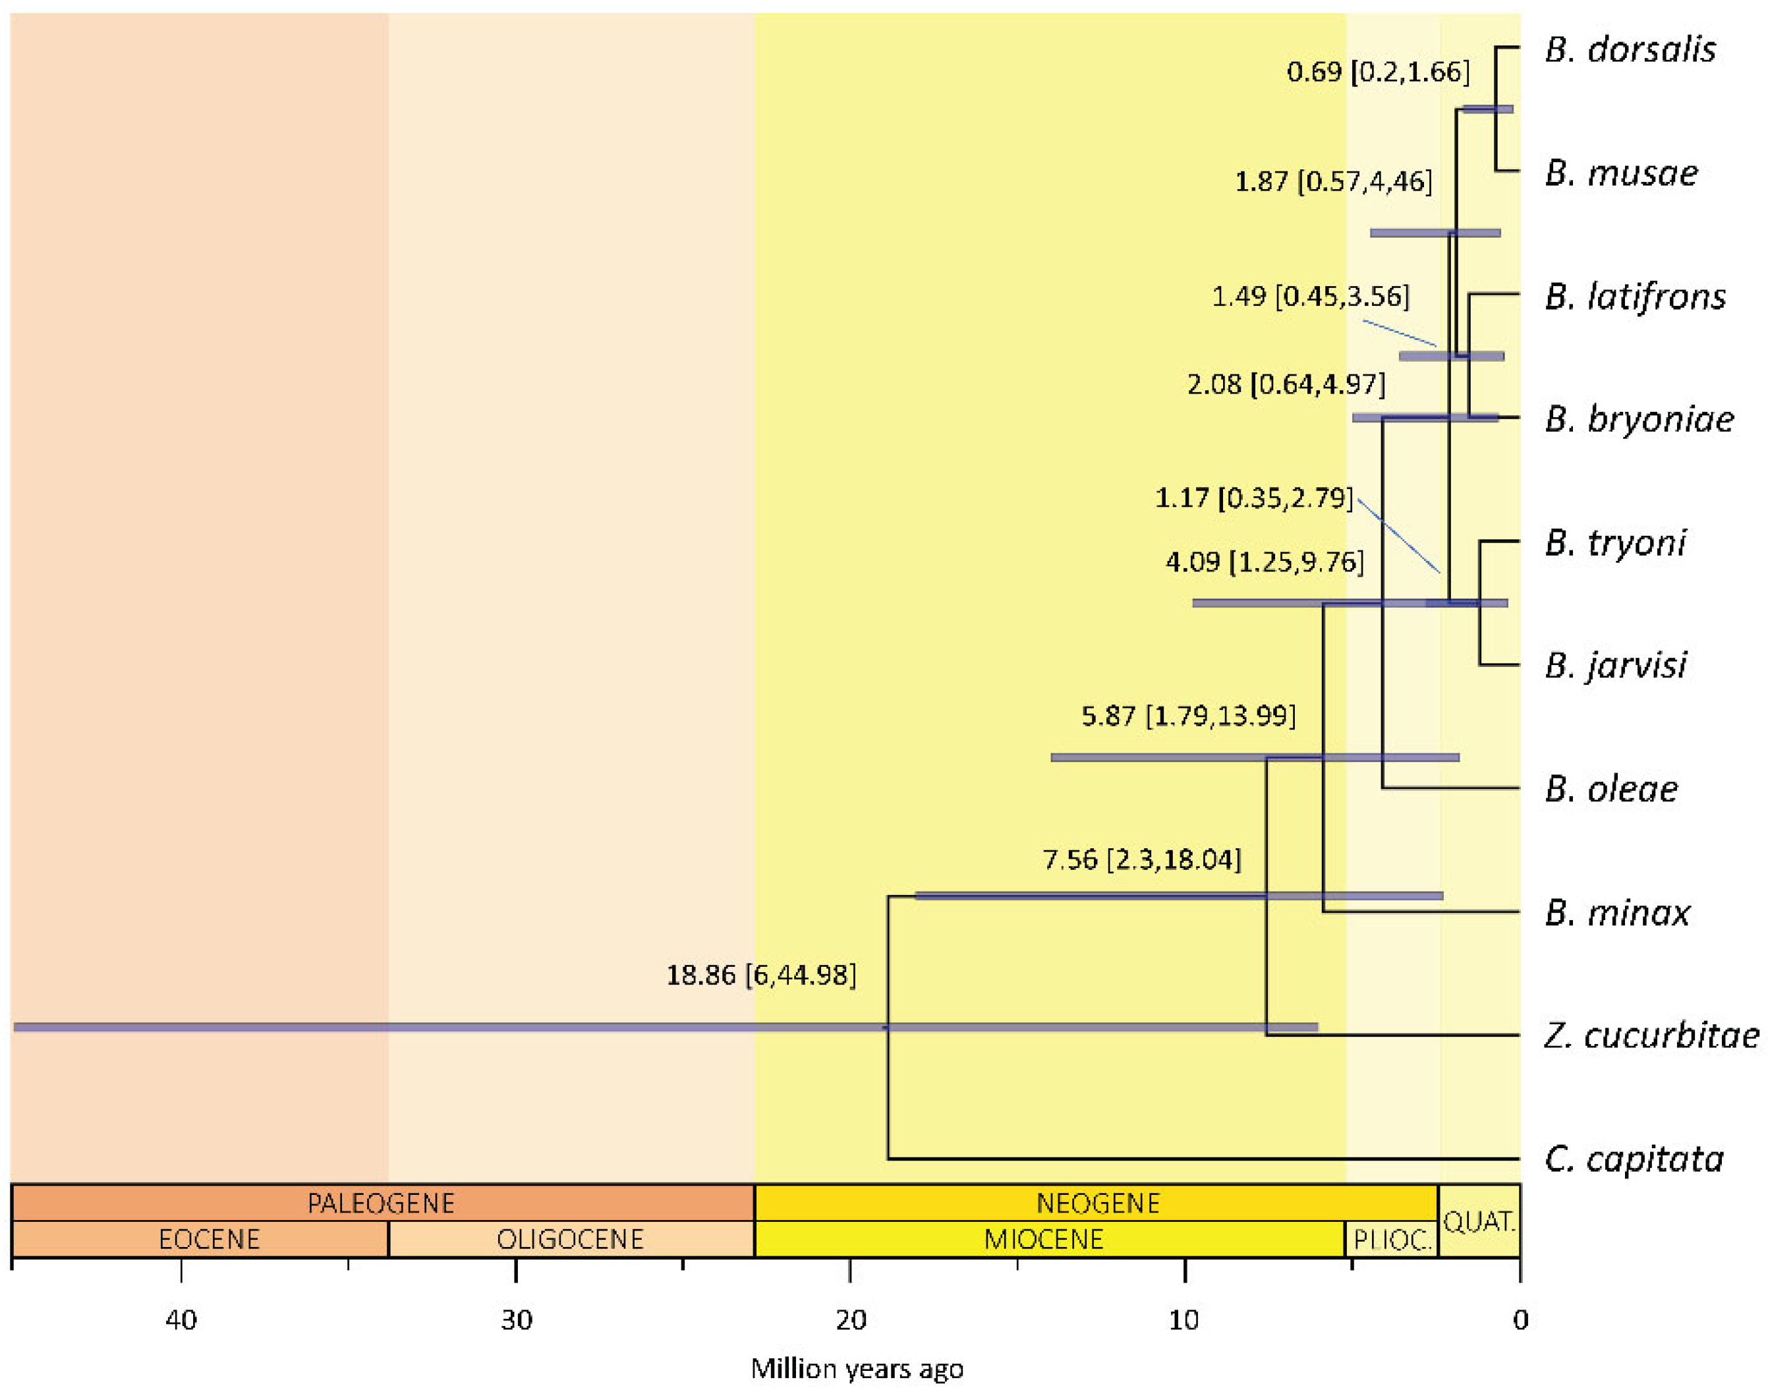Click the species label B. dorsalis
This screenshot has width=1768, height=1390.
click(1630, 49)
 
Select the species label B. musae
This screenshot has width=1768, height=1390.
click(1621, 173)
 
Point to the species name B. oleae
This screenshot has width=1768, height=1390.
click(1611, 788)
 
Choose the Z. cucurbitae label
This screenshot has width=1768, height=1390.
click(1651, 1035)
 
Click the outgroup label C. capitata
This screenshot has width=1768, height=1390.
click(1634, 1159)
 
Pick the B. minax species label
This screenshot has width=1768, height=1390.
click(1616, 912)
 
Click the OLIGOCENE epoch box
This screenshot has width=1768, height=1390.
click(571, 1240)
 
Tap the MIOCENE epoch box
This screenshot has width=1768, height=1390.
click(1050, 1240)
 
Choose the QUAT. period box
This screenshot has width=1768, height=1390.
click(1479, 1221)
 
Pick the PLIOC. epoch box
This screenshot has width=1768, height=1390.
click(1391, 1240)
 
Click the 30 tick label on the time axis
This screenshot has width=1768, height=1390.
click(516, 1319)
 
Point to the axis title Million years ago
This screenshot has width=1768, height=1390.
click(857, 1369)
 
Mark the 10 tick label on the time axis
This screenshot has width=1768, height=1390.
click(1185, 1319)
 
